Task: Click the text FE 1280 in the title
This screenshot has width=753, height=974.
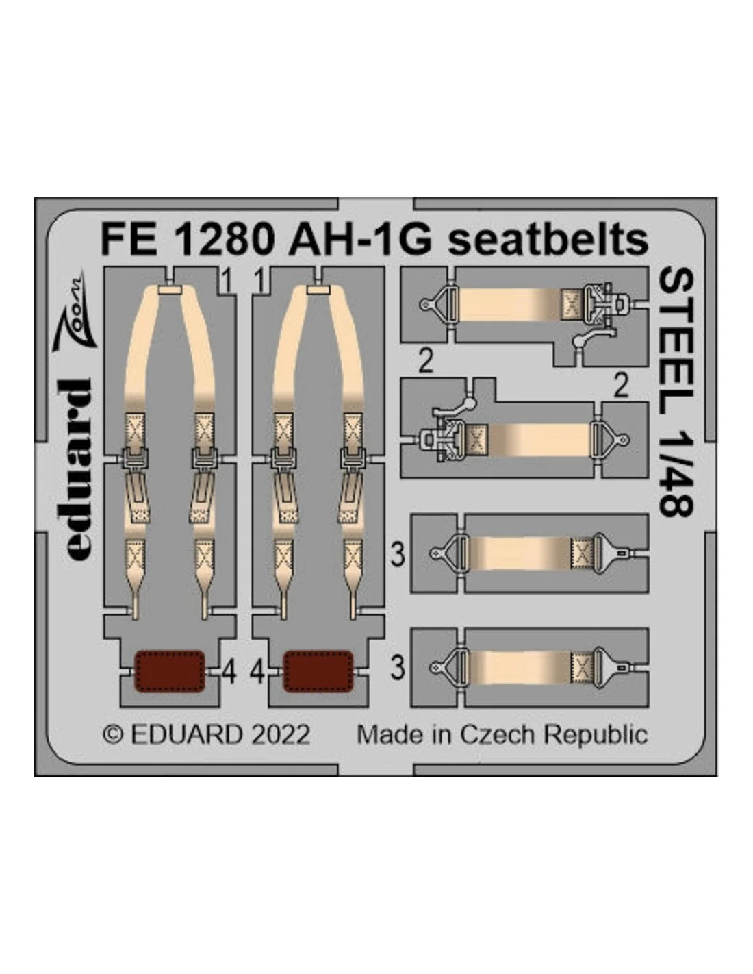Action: pyautogui.click(x=187, y=240)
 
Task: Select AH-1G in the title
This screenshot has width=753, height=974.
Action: pyautogui.click(x=359, y=240)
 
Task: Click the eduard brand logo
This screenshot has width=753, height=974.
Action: pyautogui.click(x=75, y=470)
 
